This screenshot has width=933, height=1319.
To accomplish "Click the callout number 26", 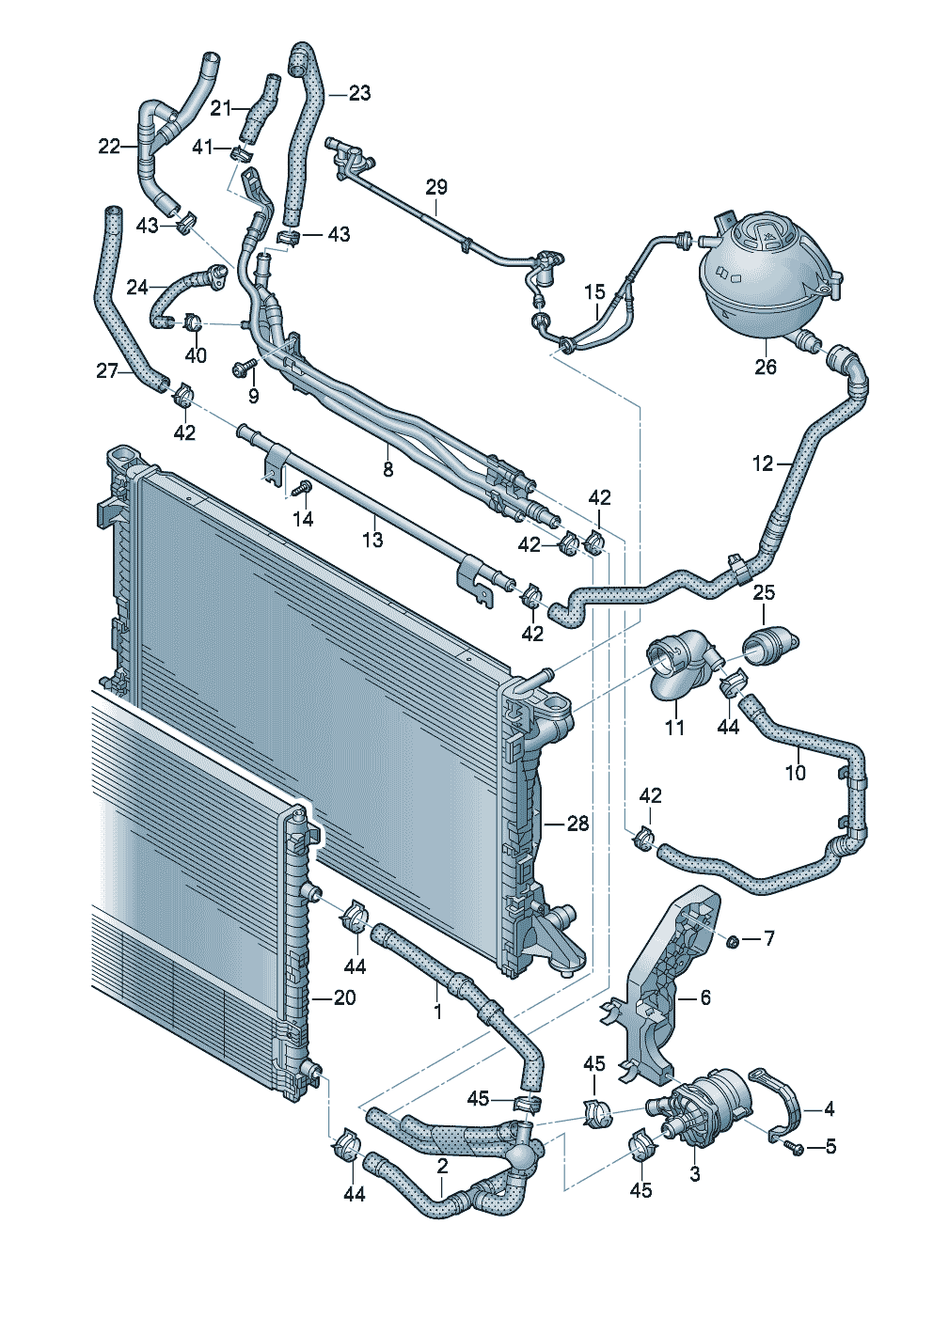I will (766, 366).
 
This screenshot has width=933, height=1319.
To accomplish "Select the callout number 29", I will (436, 186).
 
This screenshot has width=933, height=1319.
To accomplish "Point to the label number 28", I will (577, 824).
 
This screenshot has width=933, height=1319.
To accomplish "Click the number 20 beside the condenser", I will (345, 997).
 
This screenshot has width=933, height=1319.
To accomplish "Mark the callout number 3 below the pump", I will (695, 1173).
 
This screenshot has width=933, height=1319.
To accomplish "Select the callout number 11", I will (674, 727).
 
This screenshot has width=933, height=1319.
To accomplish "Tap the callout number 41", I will (203, 147).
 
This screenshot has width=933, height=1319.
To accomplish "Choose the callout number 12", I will (763, 463).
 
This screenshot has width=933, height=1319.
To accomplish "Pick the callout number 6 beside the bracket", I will (705, 997).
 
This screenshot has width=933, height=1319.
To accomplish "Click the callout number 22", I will (109, 146).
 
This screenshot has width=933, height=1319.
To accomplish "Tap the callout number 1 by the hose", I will (437, 1012).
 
